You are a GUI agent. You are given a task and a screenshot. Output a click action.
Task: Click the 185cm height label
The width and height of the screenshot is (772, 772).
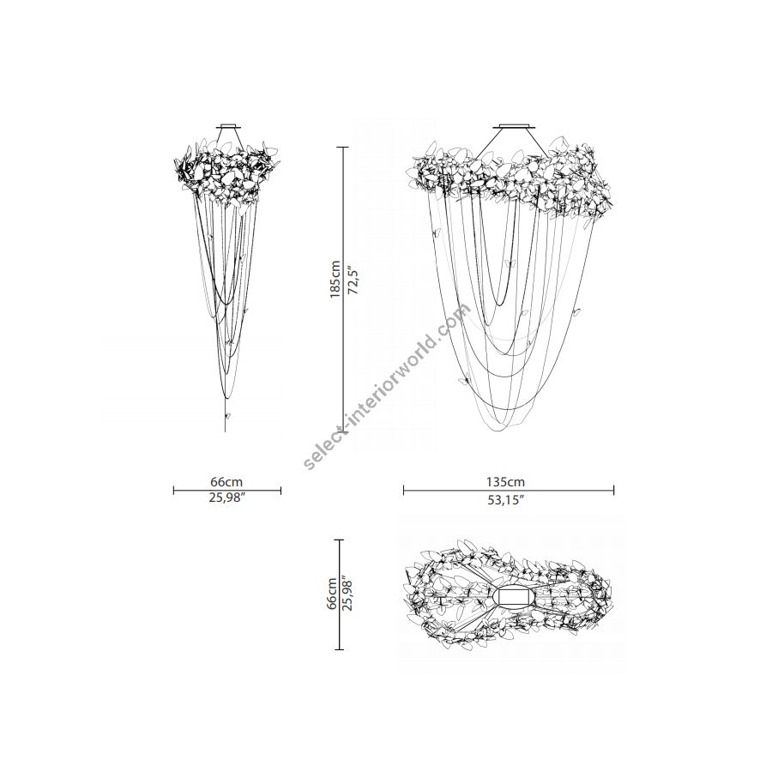pos(335,279)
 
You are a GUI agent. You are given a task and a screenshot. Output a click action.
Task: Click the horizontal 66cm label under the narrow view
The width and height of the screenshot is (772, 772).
pos(226,481)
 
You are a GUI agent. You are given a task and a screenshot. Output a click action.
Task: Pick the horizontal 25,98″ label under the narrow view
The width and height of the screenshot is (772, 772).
pos(227,498)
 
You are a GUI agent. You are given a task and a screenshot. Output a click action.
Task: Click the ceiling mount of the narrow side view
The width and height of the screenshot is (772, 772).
pos(229,126)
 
